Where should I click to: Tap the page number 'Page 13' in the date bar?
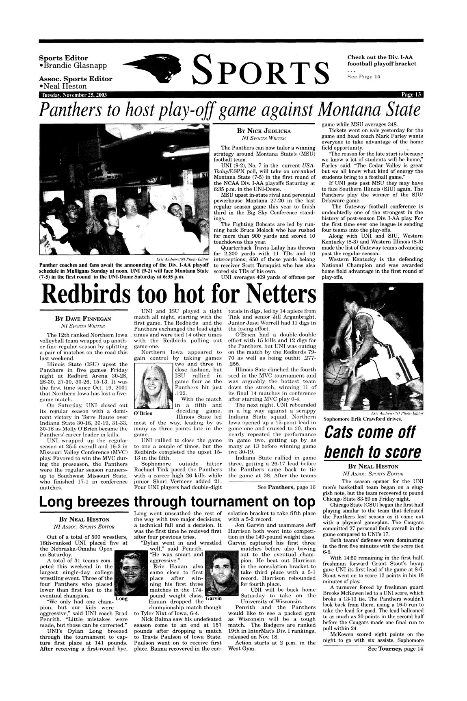(412, 95)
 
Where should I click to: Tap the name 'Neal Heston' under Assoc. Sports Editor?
(65, 86)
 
